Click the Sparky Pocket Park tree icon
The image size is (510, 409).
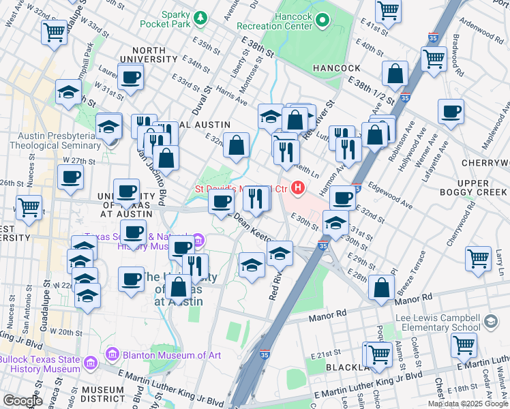(200, 16)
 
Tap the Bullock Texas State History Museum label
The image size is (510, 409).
(41, 364)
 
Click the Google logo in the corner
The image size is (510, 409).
(22, 401)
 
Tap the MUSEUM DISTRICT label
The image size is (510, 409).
(102, 395)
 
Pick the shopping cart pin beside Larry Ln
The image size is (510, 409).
(478, 259)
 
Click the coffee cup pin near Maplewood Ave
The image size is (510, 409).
(451, 112)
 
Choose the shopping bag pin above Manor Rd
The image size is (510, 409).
(382, 287)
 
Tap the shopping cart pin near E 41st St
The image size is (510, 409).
(388, 11)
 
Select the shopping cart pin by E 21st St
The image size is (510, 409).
(464, 346)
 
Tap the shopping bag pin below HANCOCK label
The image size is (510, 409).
(395, 74)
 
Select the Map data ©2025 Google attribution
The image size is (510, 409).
(468, 403)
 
